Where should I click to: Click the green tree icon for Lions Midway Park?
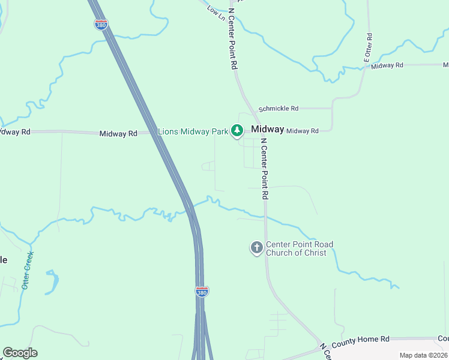coord(237,130)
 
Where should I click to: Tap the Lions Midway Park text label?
coord(193,131)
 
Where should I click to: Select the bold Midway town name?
coord(267,130)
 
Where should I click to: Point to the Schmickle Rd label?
coord(279,109)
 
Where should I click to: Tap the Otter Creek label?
coord(28,270)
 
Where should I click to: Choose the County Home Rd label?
coord(361,340)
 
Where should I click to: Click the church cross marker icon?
coord(256,248)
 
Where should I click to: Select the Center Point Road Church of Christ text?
coord(300,248)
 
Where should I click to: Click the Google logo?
coord(20,353)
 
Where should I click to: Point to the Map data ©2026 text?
coord(423,355)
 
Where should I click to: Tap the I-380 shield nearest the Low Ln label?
coord(101,25)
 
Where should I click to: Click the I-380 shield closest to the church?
coord(202,291)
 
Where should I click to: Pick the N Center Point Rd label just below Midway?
coord(264,169)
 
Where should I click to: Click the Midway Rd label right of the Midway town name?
coord(302,131)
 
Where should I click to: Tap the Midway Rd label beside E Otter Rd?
coord(387,65)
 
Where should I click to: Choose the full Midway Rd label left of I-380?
coord(118,133)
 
